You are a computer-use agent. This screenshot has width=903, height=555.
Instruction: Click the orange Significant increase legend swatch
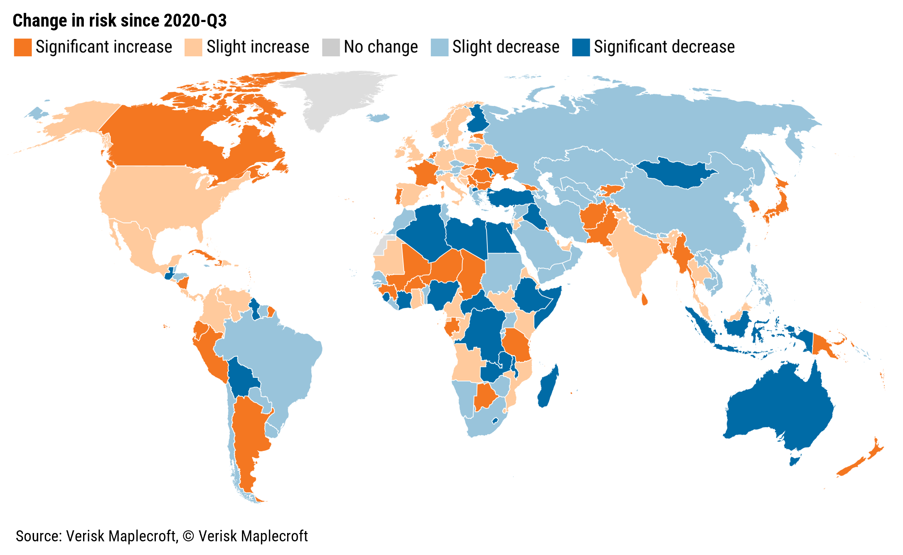[22, 47]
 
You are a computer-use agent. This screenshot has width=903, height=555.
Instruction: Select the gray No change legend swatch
[331, 47]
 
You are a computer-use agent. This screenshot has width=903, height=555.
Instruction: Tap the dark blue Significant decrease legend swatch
[581, 47]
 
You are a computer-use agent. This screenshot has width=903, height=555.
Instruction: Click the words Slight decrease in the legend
[506, 47]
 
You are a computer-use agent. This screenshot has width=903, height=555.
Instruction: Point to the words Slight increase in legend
[258, 47]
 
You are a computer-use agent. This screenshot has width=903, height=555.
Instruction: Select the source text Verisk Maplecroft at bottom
[121, 536]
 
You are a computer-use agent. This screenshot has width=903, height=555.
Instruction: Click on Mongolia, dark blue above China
[675, 173]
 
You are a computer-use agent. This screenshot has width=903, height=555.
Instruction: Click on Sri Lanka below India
[644, 299]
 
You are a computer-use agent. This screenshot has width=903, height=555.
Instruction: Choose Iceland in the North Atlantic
[378, 118]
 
